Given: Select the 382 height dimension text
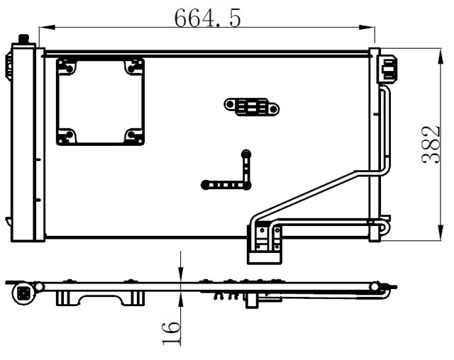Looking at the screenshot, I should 431,145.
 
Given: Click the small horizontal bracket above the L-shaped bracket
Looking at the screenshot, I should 252,107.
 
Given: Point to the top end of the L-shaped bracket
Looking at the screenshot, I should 245,153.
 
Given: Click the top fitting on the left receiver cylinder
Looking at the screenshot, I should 23,38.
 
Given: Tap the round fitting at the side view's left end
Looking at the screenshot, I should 24,291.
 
